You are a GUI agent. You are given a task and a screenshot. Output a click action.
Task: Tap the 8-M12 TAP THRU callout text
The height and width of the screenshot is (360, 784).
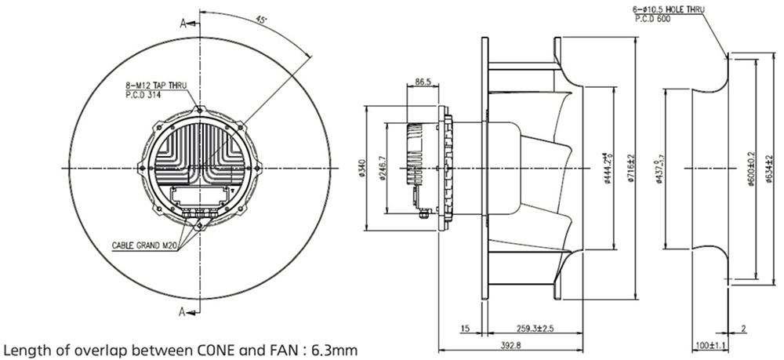point(157,82)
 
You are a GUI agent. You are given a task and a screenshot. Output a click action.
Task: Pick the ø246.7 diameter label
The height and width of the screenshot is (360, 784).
point(381,168)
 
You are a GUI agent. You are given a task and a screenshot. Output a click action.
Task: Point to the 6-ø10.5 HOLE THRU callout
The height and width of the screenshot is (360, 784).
point(669,9)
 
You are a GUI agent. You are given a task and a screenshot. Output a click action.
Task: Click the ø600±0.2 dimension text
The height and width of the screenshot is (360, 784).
point(750,168)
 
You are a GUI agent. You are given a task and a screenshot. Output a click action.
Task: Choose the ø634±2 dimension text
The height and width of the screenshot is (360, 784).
point(769,168)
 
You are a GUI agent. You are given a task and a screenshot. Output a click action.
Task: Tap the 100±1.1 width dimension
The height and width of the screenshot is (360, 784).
point(710,344)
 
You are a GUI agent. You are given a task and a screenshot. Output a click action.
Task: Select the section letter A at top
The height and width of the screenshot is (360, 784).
point(183,24)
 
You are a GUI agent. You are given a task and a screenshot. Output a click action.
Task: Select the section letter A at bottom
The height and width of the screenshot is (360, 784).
point(183,312)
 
